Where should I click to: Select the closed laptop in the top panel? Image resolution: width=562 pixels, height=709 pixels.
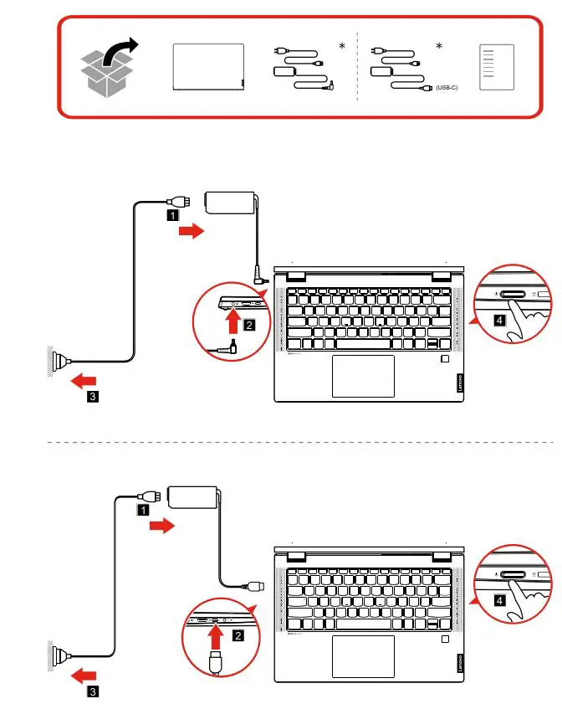click(x=208, y=68)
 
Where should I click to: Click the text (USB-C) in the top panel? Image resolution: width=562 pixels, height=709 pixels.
click(x=447, y=87)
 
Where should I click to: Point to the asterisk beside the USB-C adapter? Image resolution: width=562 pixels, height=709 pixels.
click(x=439, y=47)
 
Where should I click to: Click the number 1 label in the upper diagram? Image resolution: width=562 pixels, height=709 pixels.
click(x=171, y=215)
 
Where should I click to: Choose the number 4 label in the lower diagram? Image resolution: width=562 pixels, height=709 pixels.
click(x=498, y=600)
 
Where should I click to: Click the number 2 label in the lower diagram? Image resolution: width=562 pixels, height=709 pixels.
click(x=238, y=636)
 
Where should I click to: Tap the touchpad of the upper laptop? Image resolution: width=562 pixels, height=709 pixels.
click(x=363, y=376)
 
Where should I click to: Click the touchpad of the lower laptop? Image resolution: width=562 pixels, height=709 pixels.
click(x=363, y=656)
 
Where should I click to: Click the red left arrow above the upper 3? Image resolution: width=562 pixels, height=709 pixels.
click(x=83, y=381)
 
